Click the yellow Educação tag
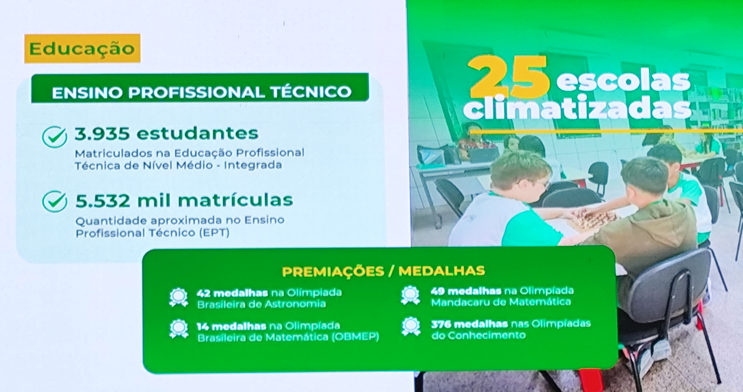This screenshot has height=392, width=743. [82, 48]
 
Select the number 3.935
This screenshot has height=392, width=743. [102, 134]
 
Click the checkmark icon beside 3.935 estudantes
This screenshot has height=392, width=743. [55, 137]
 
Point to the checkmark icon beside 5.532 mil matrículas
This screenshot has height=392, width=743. [55, 201]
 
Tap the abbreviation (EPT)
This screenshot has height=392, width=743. [214, 233]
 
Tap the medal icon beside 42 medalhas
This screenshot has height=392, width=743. [179, 297]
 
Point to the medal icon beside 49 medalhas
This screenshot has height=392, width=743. [410, 295]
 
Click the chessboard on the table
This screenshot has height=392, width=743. [591, 218]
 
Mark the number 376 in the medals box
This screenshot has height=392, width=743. [440, 324]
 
